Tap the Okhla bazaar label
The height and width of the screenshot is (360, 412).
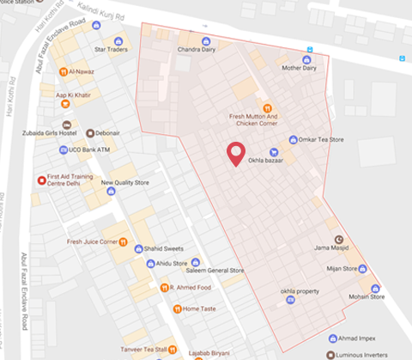click(x=266, y=161)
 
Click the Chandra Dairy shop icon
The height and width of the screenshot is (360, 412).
click(x=205, y=40)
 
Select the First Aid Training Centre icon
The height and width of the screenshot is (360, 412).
click(x=41, y=180)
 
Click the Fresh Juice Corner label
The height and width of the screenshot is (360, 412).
click(x=91, y=242)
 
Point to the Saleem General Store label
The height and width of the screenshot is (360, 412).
click(x=216, y=271)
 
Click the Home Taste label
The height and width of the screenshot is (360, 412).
click(x=199, y=308)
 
